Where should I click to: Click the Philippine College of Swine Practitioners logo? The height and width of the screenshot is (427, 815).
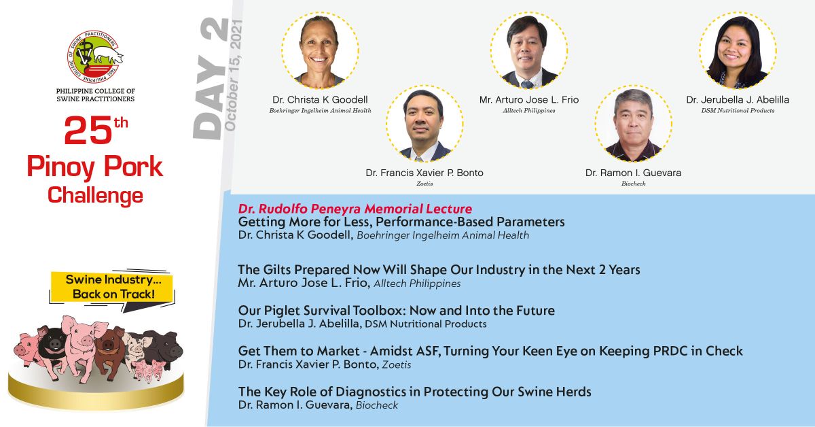pos(95,56)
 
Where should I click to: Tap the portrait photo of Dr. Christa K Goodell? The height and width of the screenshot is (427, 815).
pos(320,50)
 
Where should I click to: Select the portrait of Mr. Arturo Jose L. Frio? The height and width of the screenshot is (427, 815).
pos(529,50)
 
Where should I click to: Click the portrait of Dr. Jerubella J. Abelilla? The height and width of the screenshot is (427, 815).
pos(738,50)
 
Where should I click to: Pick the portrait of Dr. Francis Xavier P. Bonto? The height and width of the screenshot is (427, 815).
pos(424,124)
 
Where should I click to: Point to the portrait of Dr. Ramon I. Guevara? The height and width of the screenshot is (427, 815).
pos(634,124)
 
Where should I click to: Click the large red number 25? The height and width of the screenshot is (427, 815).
pos(88,131)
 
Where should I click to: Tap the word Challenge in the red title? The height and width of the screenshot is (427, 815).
pos(95,196)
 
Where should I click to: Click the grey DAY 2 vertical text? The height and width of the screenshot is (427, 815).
pos(211,78)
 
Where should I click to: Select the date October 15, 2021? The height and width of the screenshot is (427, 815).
pos(233,75)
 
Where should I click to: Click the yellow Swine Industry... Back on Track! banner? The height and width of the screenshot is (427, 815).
pos(112,287)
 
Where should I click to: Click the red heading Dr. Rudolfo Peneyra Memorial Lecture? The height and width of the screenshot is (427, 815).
pos(355,209)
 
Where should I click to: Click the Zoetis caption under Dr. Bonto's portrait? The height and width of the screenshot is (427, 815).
pos(424,184)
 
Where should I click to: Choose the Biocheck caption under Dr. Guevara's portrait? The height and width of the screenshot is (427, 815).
pos(634,184)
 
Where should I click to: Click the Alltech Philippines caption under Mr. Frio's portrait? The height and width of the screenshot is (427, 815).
pos(529,110)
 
